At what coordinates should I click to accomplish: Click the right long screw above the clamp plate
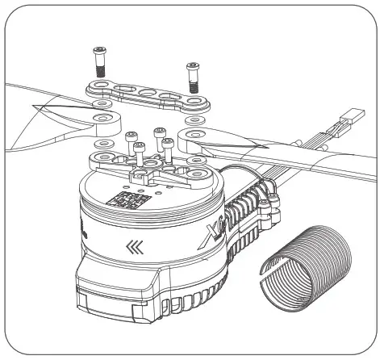(x=193, y=75)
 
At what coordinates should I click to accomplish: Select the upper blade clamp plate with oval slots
(x=145, y=94)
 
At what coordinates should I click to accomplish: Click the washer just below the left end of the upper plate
(x=100, y=104)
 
